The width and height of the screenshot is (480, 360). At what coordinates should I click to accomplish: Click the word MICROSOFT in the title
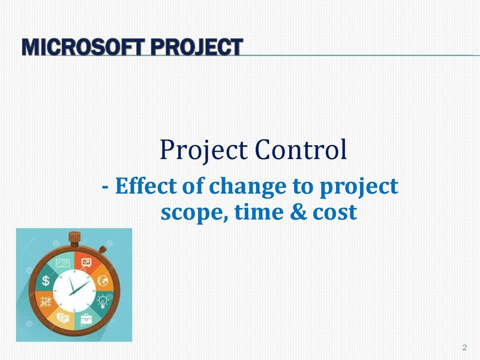coord(83,47)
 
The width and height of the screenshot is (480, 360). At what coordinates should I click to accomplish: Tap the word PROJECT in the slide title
coord(197,47)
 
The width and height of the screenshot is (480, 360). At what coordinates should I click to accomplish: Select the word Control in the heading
coord(301,149)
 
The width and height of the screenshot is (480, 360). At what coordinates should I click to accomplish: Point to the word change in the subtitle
coord(247,187)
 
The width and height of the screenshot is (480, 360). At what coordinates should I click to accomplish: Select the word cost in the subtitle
coord(335,212)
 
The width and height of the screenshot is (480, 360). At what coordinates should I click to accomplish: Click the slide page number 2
coord(464,347)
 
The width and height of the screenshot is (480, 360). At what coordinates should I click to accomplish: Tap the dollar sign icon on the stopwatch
coord(46,280)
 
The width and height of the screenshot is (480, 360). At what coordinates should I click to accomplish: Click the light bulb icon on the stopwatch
coord(102,302)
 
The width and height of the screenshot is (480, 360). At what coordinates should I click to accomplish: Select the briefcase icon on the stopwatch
coord(86,319)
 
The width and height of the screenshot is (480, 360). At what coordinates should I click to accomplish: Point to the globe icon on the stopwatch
coord(103,280)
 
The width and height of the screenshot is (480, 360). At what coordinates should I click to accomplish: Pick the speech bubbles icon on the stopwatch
coord(63,319)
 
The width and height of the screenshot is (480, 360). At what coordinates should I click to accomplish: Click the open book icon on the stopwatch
coord(63,263)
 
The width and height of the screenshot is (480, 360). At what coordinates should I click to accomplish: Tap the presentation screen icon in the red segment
coord(86,263)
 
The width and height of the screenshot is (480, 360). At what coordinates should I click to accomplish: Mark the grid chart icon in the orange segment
coord(46,302)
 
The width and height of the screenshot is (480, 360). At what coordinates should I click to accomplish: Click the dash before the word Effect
coord(105,187)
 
